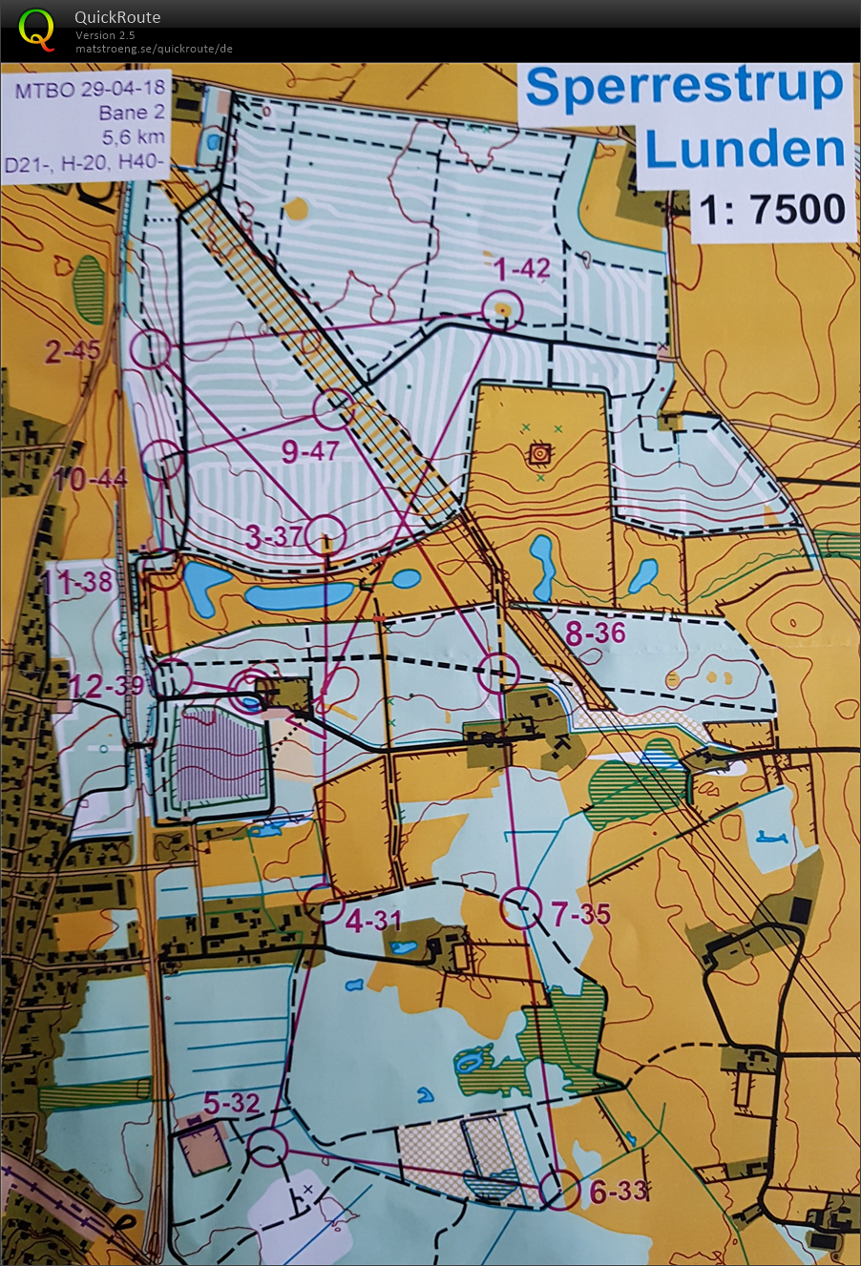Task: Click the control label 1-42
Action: pyautogui.click(x=521, y=270)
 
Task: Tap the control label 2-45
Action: pyautogui.click(x=73, y=351)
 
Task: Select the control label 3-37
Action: pyautogui.click(x=274, y=536)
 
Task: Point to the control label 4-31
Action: pyautogui.click(x=373, y=922)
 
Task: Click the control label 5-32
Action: pyautogui.click(x=231, y=1104)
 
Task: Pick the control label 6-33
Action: pyautogui.click(x=619, y=1191)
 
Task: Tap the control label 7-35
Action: pyautogui.click(x=580, y=915)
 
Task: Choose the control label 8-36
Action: pyautogui.click(x=596, y=633)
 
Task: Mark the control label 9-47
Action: pyautogui.click(x=310, y=451)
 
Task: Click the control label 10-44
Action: pyautogui.click(x=91, y=479)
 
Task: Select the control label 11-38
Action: pyautogui.click(x=78, y=580)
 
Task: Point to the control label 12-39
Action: pyautogui.click(x=106, y=685)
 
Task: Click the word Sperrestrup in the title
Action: pyautogui.click(x=684, y=88)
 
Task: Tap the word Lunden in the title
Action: pyautogui.click(x=745, y=150)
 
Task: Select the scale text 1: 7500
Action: pyautogui.click(x=772, y=210)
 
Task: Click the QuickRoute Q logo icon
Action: pyautogui.click(x=37, y=29)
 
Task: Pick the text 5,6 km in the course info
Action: pyautogui.click(x=133, y=136)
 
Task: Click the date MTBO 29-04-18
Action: pyautogui.click(x=90, y=89)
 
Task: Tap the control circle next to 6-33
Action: pyautogui.click(x=558, y=1190)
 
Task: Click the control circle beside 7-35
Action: pyautogui.click(x=521, y=908)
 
